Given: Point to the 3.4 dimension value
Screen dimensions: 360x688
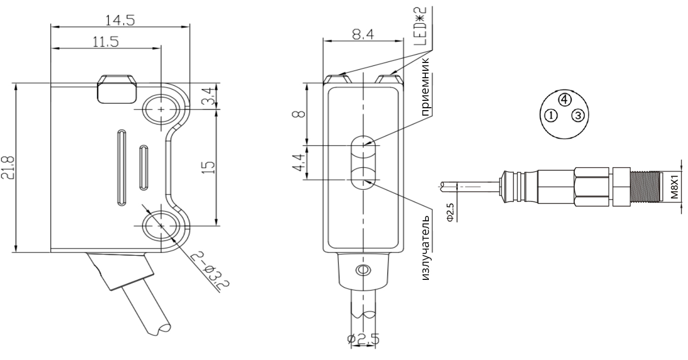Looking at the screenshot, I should [x=208, y=96].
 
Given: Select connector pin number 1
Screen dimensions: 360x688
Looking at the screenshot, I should [x=551, y=116].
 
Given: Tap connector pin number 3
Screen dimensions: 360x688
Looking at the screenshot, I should [x=578, y=116].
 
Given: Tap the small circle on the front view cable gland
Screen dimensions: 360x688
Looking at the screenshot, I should [x=363, y=270].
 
